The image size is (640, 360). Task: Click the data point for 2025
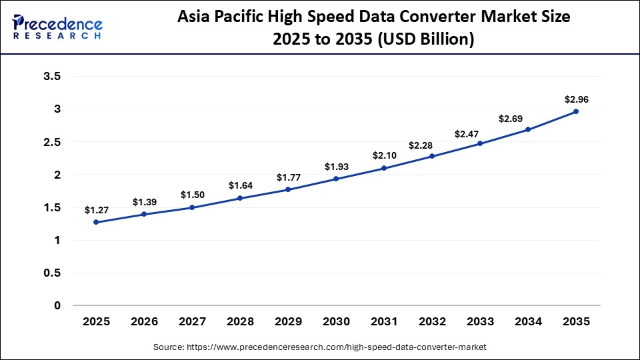(96, 222)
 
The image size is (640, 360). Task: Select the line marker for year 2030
(336, 179)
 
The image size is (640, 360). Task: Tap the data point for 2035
(576, 111)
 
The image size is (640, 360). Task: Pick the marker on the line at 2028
(240, 198)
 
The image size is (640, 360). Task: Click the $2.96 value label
(576, 100)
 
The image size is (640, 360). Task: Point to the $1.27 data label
(96, 210)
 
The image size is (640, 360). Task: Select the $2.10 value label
(384, 155)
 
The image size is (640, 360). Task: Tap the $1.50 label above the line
(192, 195)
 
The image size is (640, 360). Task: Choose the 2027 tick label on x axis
(192, 322)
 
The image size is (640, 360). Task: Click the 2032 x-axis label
(432, 322)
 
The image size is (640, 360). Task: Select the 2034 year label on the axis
(528, 322)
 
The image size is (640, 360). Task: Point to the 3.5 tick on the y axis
(52, 77)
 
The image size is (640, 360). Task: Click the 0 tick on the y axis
(57, 305)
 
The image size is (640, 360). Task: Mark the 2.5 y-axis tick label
(52, 142)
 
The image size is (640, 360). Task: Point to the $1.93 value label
(336, 167)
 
